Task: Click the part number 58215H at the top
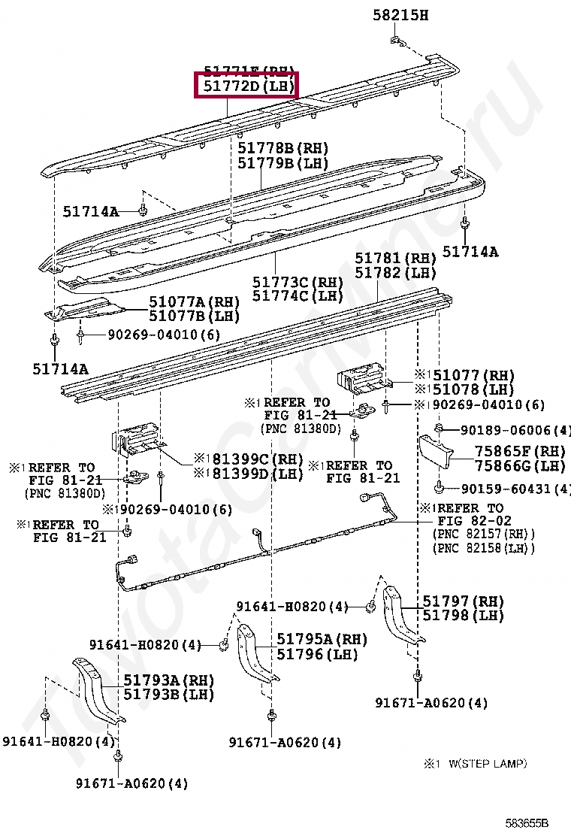pyautogui.click(x=400, y=14)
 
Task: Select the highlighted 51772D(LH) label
pyautogui.click(x=246, y=86)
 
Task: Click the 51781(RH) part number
pyautogui.click(x=395, y=259)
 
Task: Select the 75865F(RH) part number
pyautogui.click(x=519, y=452)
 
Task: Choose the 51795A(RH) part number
pyautogui.click(x=322, y=639)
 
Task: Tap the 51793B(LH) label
pyautogui.click(x=168, y=694)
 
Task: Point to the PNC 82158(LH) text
pyautogui.click(x=483, y=548)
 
